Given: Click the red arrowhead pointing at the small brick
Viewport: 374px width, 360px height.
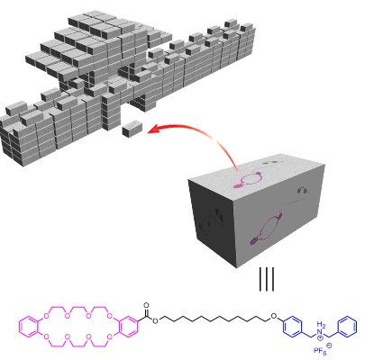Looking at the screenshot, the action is (x=154, y=129).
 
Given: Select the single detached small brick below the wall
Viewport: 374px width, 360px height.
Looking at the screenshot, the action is (x=132, y=129).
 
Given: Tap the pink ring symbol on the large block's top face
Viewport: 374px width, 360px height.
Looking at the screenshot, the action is (x=249, y=179).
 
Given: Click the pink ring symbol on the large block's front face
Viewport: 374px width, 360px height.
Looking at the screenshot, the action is (x=266, y=229).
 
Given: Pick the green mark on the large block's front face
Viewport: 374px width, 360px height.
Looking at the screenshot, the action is (x=303, y=190).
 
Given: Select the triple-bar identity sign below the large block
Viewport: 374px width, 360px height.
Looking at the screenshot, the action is (x=267, y=279).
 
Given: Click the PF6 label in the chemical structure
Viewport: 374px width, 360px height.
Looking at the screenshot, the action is (x=320, y=350).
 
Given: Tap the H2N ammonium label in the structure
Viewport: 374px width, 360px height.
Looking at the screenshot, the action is (x=321, y=328).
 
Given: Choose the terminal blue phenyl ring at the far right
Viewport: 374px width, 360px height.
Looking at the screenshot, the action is (x=348, y=327).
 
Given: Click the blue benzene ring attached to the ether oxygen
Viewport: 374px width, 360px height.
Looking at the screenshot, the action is (x=292, y=327).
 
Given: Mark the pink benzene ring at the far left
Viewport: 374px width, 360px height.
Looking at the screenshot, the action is (x=29, y=327).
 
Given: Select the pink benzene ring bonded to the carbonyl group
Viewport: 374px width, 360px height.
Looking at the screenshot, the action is (x=128, y=327).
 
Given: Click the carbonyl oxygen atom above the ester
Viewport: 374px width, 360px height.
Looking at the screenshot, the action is (x=146, y=305).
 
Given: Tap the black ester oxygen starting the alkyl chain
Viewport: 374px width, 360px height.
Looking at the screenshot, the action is (x=155, y=321).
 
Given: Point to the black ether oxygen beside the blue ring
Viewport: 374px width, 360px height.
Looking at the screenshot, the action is (x=273, y=316).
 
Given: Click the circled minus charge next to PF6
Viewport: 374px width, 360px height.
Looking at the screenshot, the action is (x=329, y=346).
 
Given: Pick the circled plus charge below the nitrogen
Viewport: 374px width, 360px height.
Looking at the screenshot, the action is (x=321, y=337).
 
